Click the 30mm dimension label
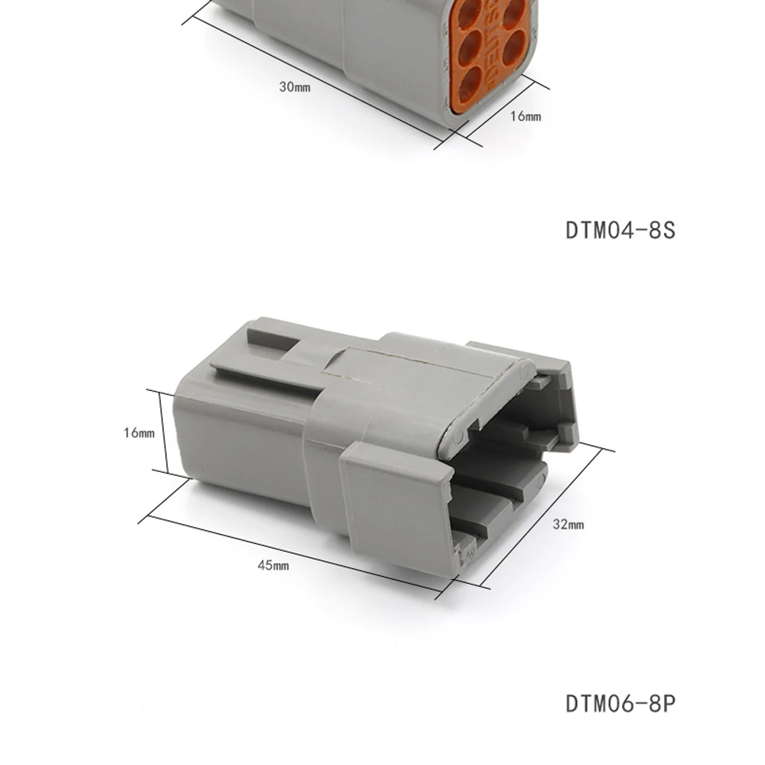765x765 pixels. tap(295, 87)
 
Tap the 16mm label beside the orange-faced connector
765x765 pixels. tap(526, 116)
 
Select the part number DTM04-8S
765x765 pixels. tap(620, 230)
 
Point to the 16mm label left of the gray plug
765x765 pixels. tap(139, 433)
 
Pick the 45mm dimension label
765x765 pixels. tap(273, 565)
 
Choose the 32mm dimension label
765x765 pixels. tap(568, 525)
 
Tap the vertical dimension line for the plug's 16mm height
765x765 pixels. tap(163, 431)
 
